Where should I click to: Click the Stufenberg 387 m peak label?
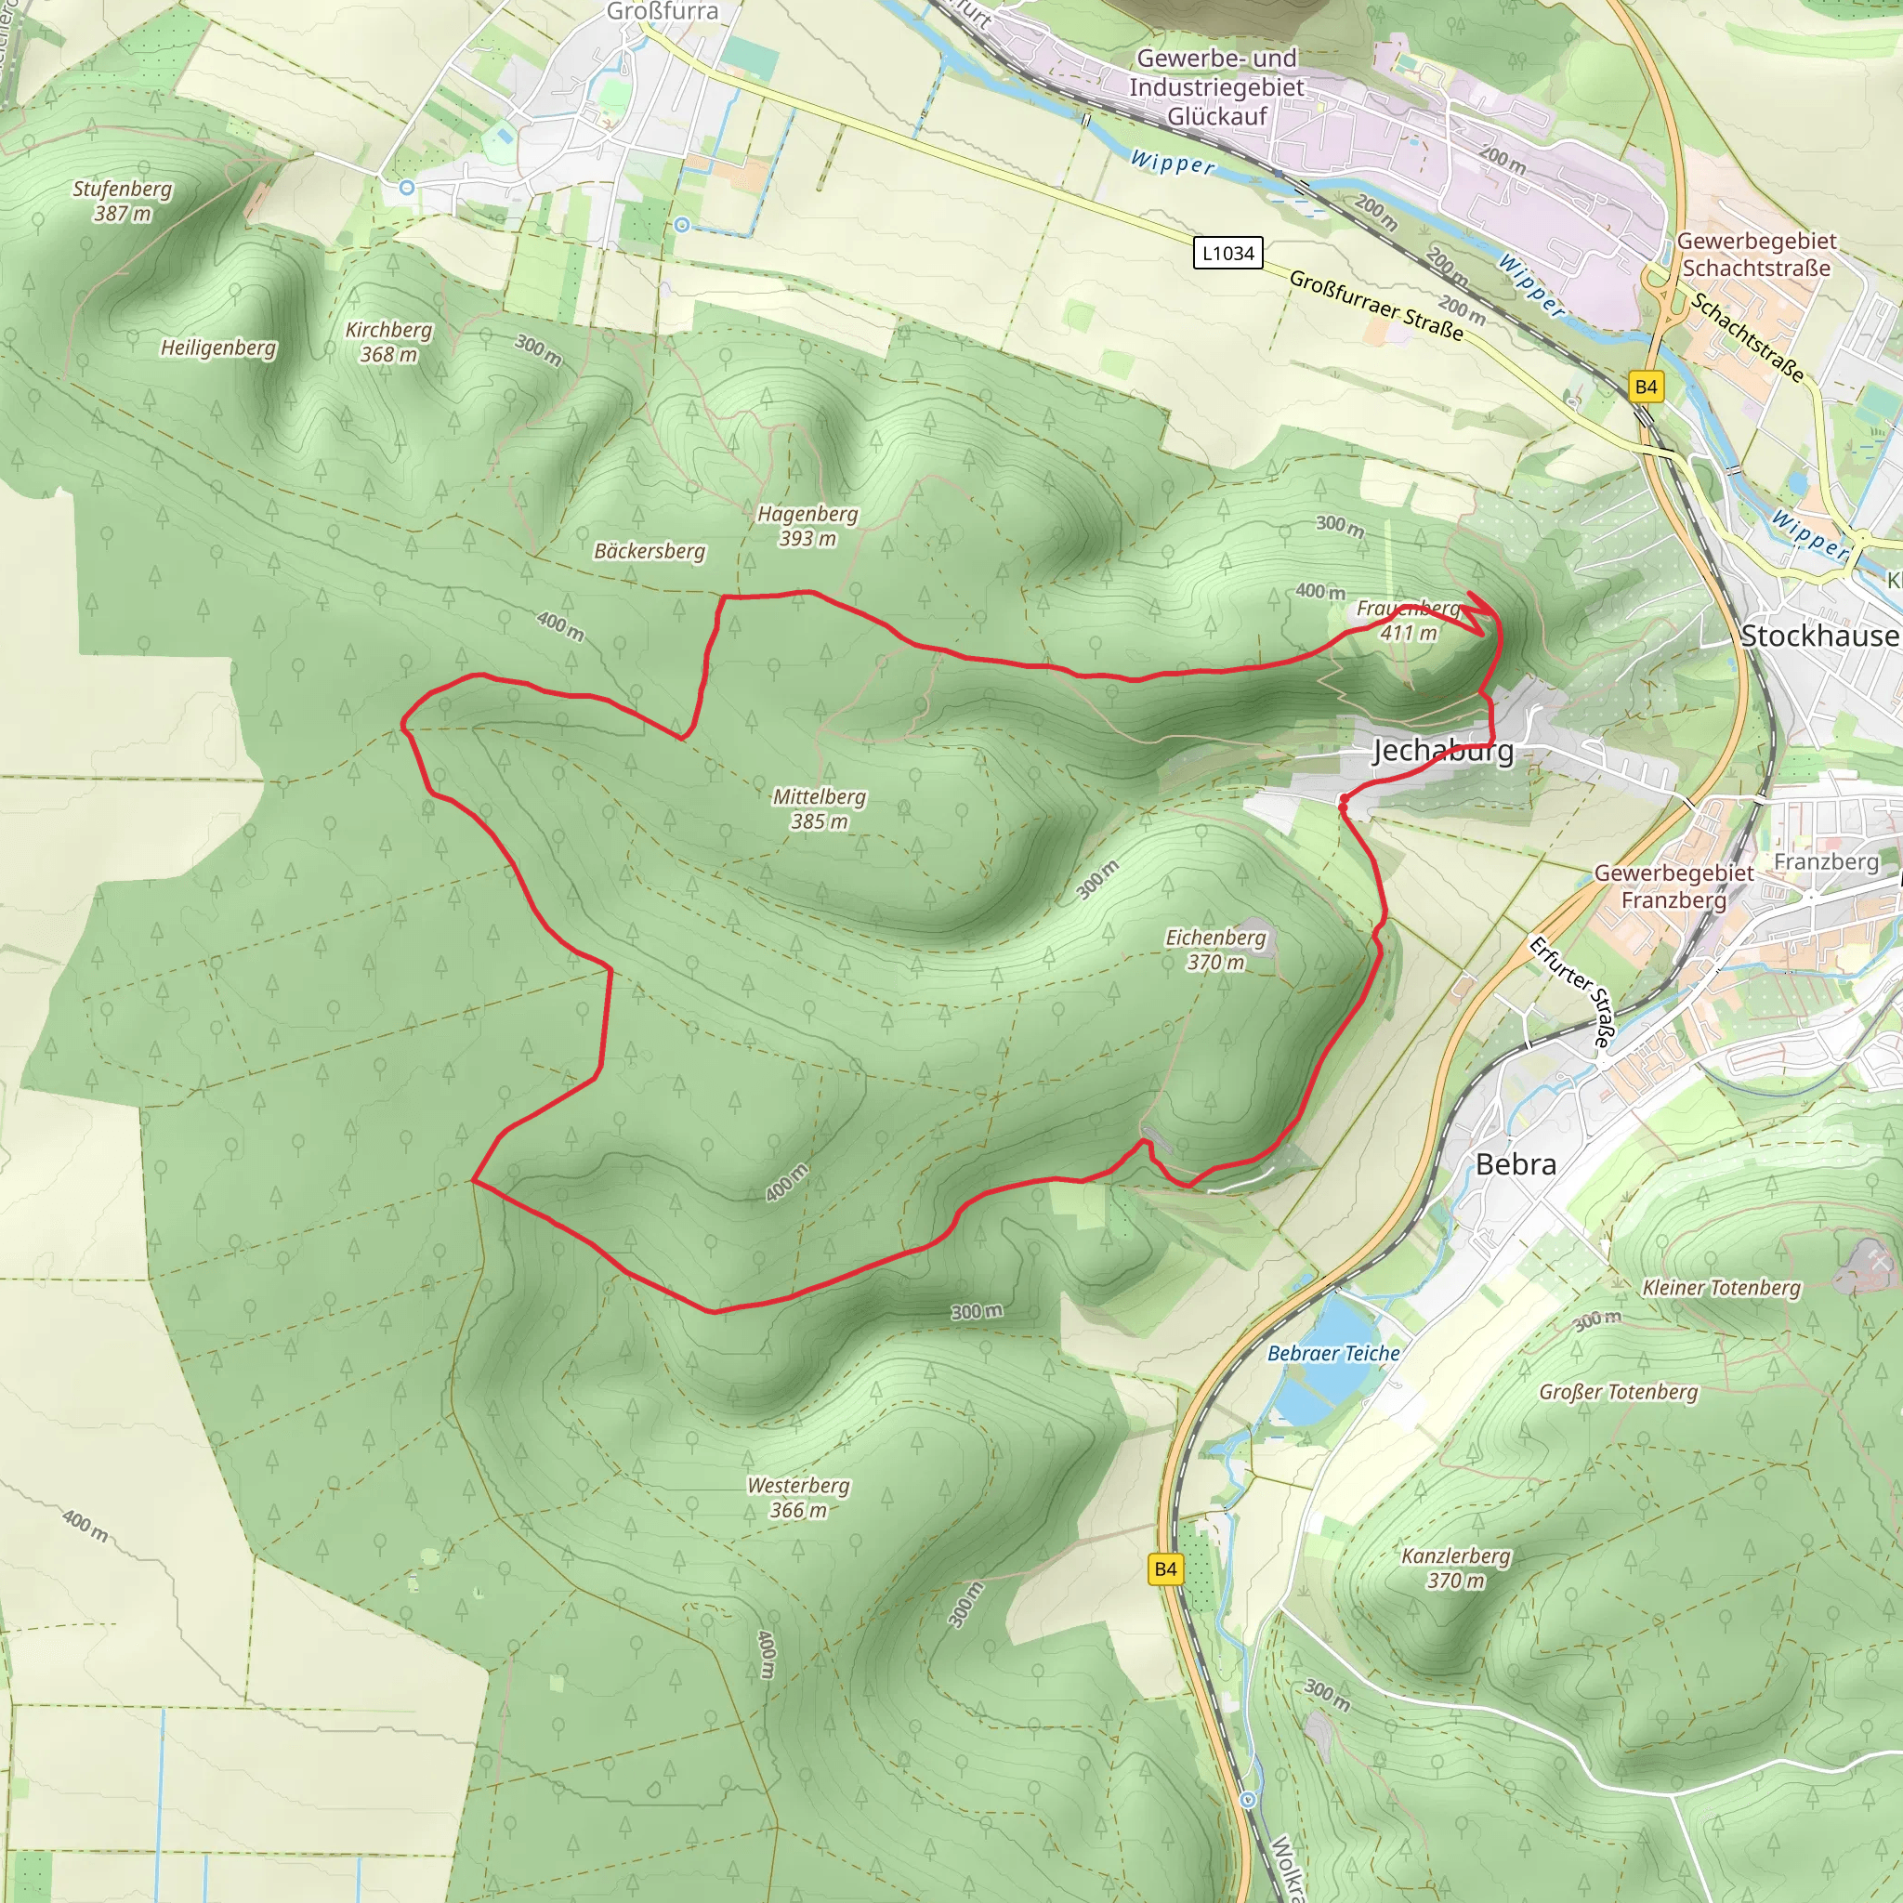[x=122, y=201]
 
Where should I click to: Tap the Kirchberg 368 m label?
[x=388, y=342]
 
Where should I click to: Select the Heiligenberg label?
[x=218, y=348]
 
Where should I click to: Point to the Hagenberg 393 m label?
[x=807, y=526]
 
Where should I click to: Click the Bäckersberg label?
[x=650, y=552]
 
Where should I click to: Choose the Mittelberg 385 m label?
[x=819, y=808]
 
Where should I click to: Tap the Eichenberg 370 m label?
[x=1215, y=950]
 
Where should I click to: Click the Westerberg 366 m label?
[x=798, y=1497]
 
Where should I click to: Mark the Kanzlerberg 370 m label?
[x=1456, y=1568]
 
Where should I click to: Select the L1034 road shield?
[x=1228, y=253]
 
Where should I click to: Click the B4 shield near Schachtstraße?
[x=1646, y=387]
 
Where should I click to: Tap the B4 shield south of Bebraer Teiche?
[x=1165, y=1569]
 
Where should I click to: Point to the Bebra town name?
[x=1516, y=1164]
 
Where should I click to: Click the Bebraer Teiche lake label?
[x=1332, y=1353]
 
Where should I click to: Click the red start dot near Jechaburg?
[x=1344, y=807]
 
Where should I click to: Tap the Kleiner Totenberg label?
[x=1721, y=1287]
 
